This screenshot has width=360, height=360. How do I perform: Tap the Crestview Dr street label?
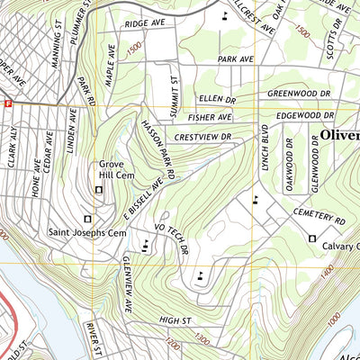(203, 137)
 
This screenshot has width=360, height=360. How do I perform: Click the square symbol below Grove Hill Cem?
(99, 189)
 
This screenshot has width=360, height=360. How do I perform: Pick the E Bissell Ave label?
(143, 199)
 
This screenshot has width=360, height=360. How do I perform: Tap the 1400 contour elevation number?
(326, 269)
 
